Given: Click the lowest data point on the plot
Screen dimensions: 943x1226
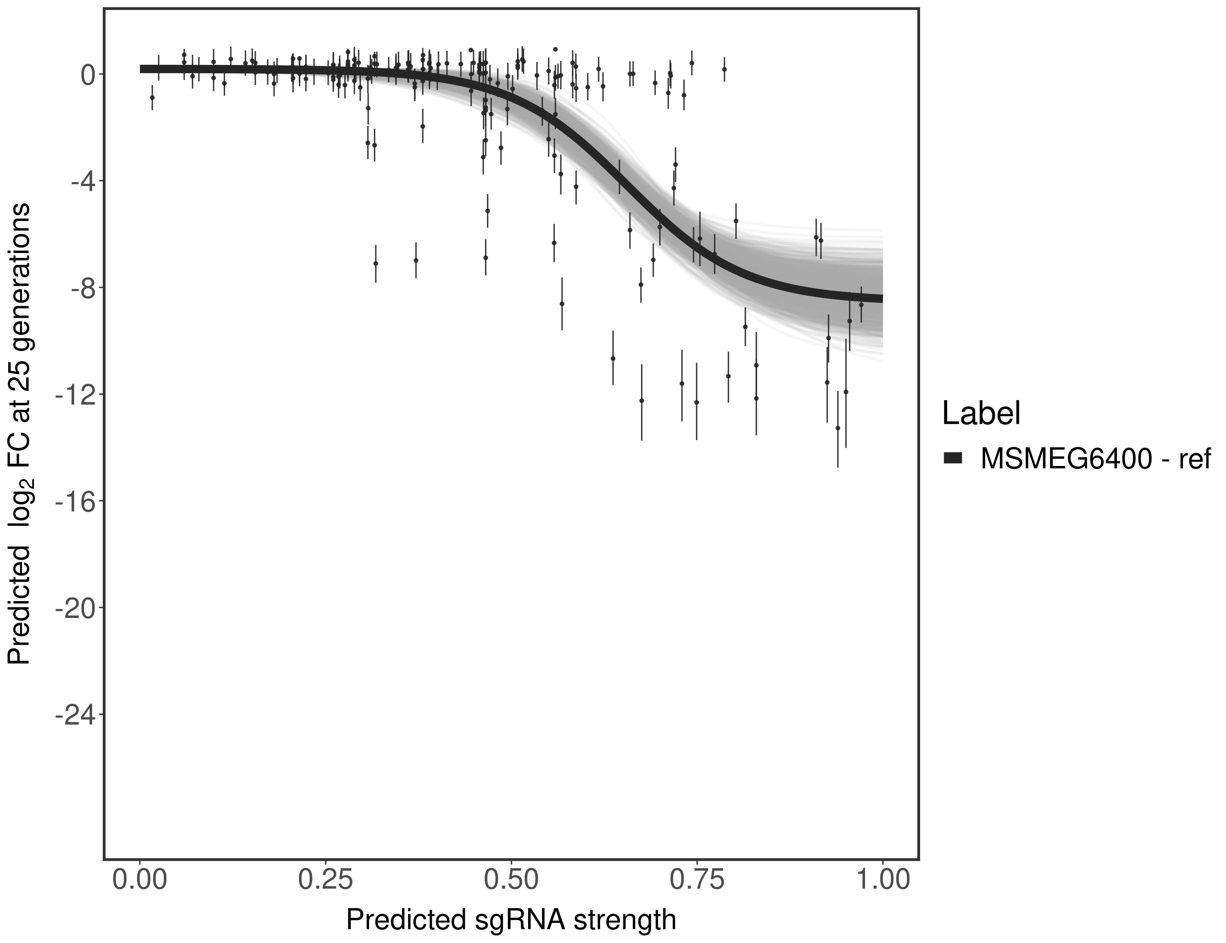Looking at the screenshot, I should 837,428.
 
